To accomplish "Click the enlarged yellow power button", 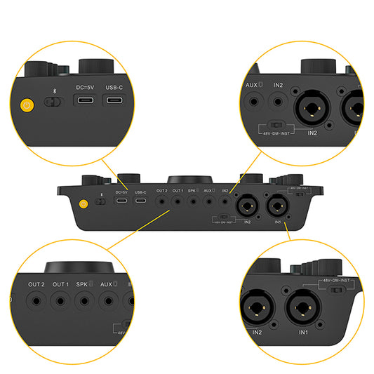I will click(27, 107).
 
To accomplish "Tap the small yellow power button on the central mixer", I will click(84, 204).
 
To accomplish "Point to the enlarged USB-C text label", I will click(115, 87).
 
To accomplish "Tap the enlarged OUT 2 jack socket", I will click(36, 300).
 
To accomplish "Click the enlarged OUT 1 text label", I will click(60, 284).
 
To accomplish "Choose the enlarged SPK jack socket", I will click(84, 300).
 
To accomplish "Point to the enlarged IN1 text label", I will click(303, 331).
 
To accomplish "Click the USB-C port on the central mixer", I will click(141, 203).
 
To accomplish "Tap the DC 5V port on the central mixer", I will click(121, 203).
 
